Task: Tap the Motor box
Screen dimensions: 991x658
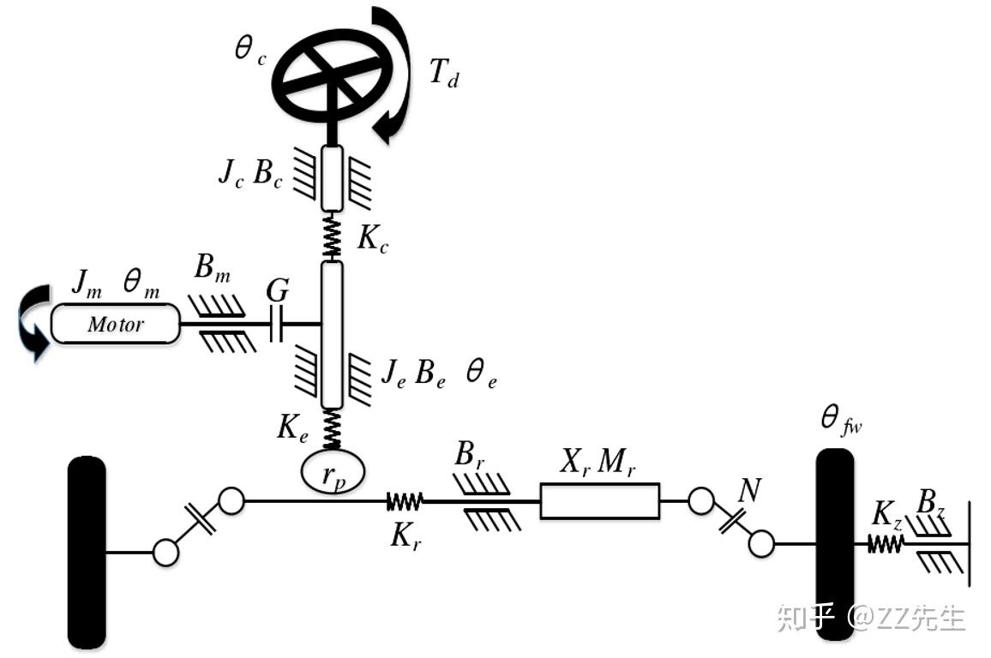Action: [116, 325]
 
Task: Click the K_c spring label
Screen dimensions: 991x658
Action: [373, 241]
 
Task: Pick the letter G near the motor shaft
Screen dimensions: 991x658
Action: [277, 291]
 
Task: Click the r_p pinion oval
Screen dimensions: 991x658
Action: [333, 471]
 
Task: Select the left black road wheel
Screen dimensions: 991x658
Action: [87, 553]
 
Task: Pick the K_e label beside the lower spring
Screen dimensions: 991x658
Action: [291, 427]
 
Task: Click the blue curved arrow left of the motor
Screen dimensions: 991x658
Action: [33, 325]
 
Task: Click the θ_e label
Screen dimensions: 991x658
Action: [480, 374]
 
